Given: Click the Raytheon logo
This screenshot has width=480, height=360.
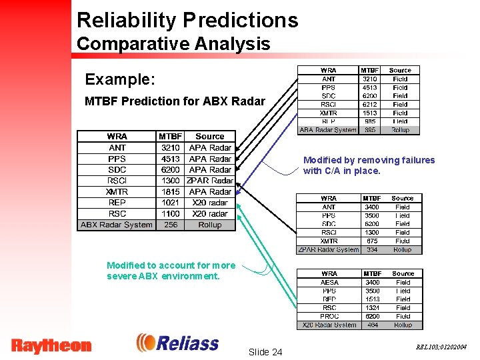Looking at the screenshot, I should [51, 345].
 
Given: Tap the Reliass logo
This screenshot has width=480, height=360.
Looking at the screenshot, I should [178, 343].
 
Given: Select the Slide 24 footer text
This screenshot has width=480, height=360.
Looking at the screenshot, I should [265, 351].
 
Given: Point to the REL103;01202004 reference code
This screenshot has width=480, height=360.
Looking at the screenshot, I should [441, 347].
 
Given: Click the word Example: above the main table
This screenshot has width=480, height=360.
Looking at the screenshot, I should [120, 79].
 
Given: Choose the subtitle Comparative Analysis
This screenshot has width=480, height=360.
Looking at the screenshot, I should [173, 44].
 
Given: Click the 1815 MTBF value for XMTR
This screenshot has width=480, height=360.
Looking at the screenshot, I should [170, 191].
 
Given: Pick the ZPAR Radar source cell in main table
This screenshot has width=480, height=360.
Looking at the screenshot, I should [210, 181].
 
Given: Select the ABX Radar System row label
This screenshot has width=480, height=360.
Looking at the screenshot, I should [117, 225].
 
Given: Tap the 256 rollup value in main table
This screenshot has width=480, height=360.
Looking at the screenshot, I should [170, 225].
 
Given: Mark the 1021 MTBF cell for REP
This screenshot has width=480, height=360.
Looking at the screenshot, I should [170, 203].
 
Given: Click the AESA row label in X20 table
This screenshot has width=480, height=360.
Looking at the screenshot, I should [329, 282].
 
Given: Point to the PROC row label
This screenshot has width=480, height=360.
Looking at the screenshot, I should [329, 316].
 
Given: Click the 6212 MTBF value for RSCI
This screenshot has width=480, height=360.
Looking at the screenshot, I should [370, 105].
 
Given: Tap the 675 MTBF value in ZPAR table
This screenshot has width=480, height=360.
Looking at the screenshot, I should [371, 241].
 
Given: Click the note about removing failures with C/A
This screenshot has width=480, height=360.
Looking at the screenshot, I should [369, 165].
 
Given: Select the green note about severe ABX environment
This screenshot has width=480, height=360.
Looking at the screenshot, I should [171, 271].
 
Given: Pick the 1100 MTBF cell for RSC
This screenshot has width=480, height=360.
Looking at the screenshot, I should [170, 214].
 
